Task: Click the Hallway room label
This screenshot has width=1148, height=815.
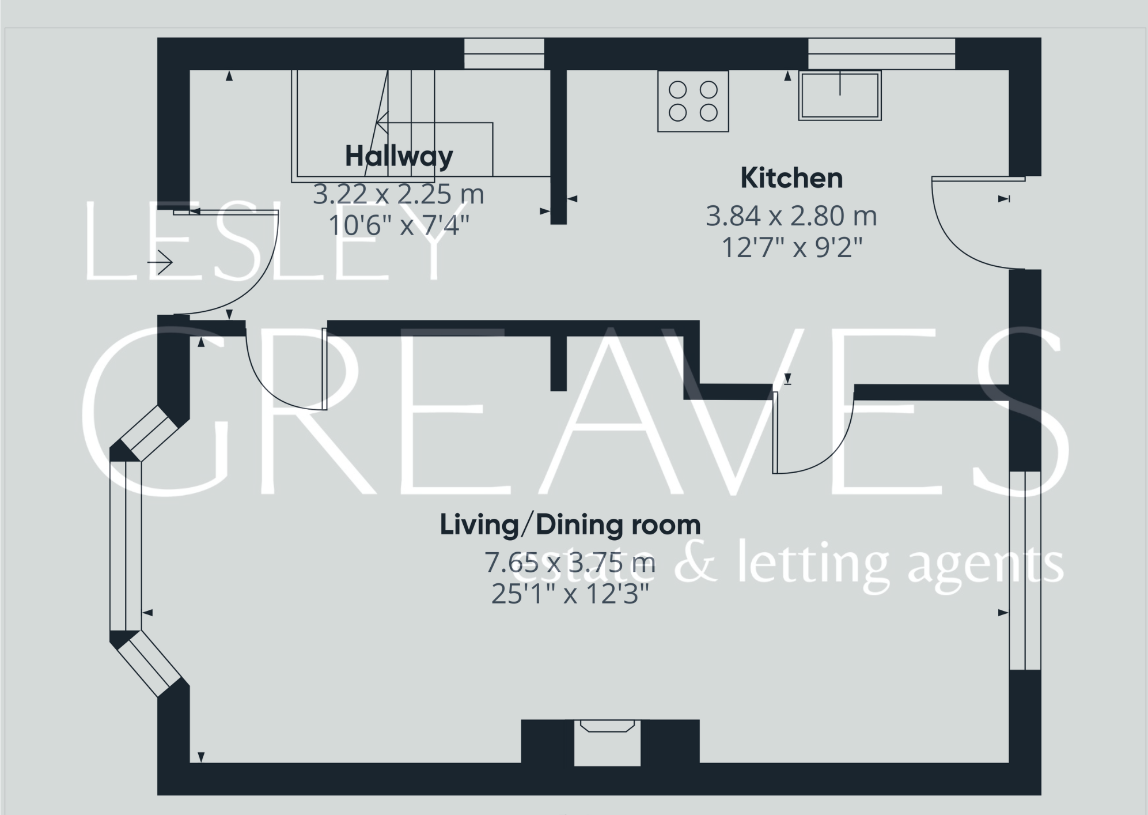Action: coord(399,156)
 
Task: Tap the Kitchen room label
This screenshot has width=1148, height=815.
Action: coord(791,178)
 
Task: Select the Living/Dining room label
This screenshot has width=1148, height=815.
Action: coord(570,525)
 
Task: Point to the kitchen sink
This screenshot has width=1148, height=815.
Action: coord(840,96)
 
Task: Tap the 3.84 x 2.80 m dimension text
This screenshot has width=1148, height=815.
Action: coord(791,217)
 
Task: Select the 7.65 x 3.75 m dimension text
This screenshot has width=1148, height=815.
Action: coord(570,562)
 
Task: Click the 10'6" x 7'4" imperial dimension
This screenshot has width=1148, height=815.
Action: coord(399,225)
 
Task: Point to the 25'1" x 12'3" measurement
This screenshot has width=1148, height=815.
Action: coord(570,594)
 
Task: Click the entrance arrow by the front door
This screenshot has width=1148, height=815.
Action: coord(160,263)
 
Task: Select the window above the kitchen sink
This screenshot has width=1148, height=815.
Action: coord(881,54)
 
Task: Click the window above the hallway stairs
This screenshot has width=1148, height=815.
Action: coord(504,54)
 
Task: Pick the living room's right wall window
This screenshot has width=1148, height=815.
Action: coord(1025,571)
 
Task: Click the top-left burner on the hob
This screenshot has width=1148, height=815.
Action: coord(677,90)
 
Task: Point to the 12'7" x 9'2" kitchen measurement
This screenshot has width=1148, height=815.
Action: coord(791,248)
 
